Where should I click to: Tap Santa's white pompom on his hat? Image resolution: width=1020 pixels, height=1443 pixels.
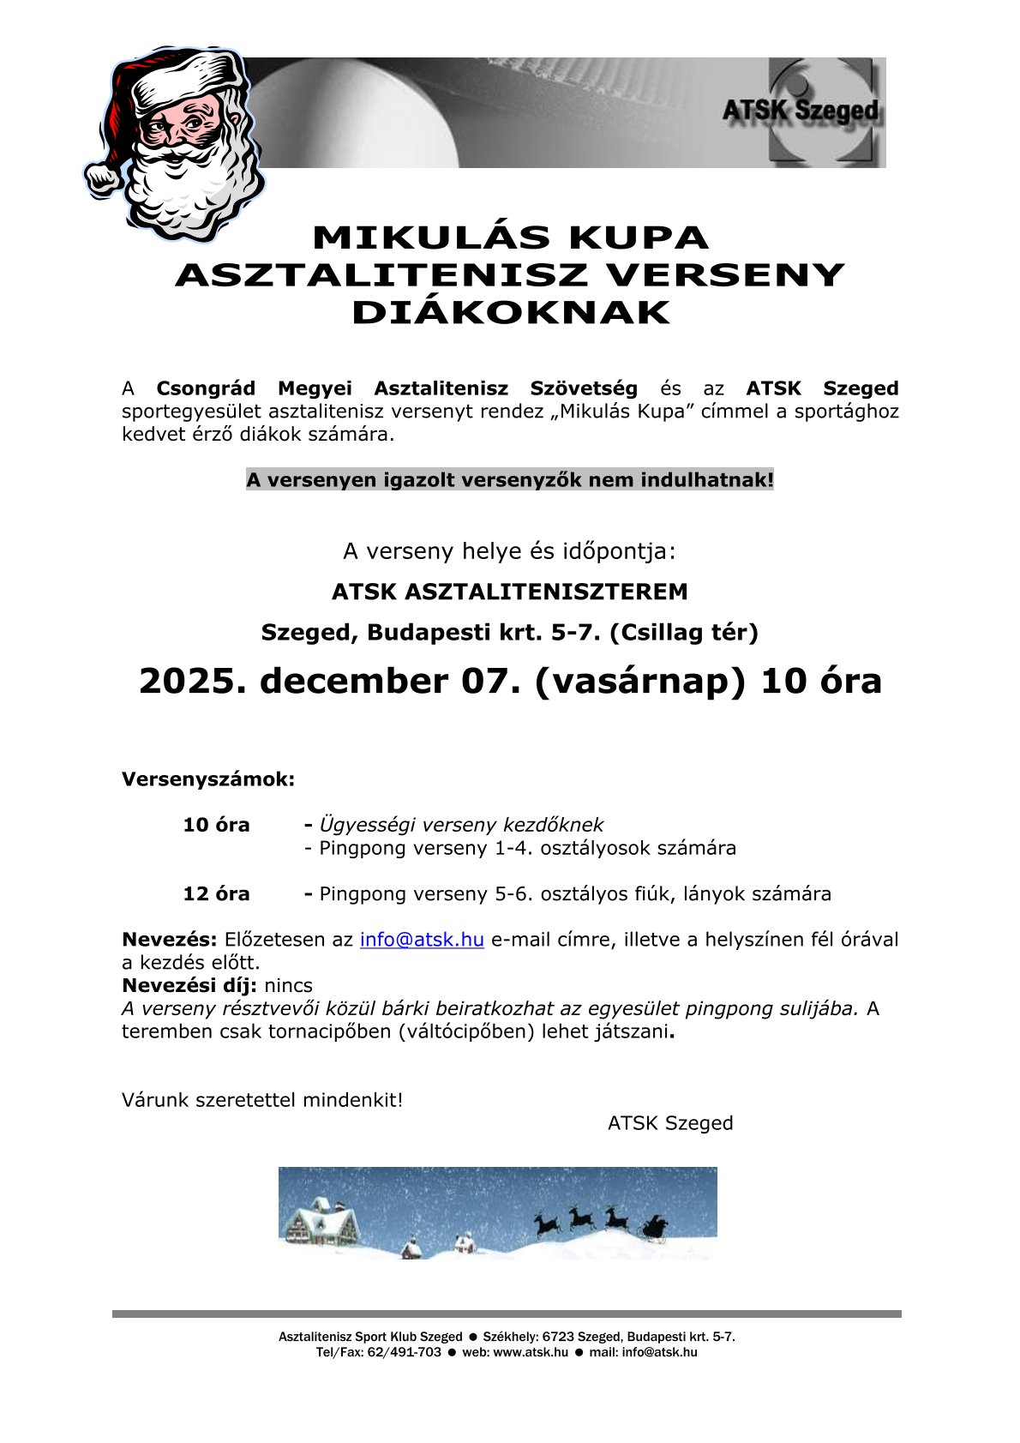103,177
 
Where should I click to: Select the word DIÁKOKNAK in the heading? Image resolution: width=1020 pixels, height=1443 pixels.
510,313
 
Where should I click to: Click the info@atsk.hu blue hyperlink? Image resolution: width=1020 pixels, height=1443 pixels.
422,940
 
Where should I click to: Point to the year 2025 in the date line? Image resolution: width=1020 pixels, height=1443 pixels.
186,682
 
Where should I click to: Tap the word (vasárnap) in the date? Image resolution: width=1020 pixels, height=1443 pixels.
640,682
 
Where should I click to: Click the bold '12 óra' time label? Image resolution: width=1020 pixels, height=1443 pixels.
216,894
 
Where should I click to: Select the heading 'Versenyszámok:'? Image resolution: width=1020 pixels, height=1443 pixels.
208,780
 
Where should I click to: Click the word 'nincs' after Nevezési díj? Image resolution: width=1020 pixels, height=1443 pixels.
288,986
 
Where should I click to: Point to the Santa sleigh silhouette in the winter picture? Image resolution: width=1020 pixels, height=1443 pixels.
654,1229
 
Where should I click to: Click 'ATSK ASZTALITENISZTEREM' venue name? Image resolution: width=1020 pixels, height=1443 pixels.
509,592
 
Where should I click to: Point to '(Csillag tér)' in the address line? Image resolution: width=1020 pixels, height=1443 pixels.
683,633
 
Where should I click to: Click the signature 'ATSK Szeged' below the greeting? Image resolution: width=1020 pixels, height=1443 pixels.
670,1123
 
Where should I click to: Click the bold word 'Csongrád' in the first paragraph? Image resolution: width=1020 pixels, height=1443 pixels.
206,389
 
